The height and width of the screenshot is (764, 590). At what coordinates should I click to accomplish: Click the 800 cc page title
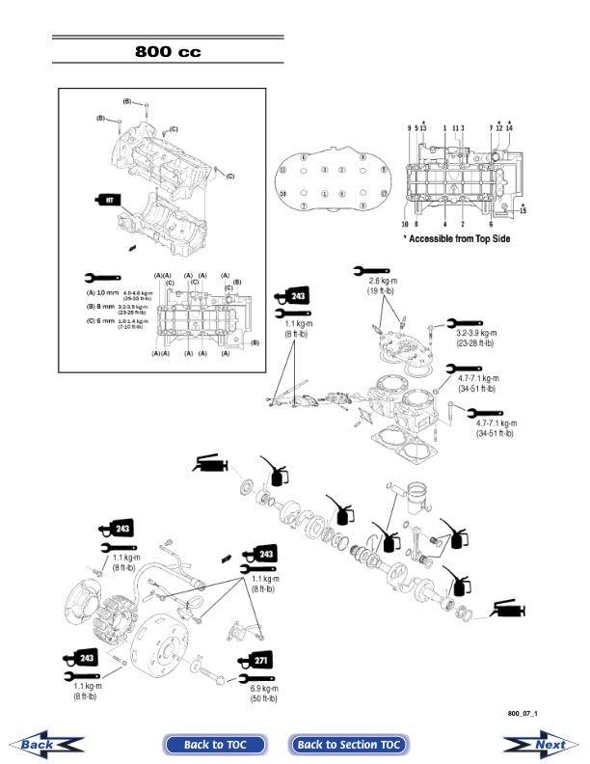(169, 51)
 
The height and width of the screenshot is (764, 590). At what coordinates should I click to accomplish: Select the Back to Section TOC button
(349, 744)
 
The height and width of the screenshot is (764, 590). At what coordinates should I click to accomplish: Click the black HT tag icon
(109, 198)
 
